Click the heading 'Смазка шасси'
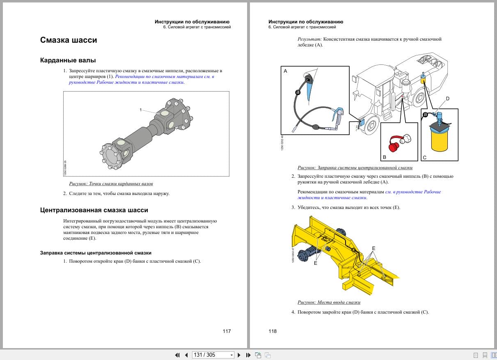(69, 40)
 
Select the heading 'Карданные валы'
(68, 60)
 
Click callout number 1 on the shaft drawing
(140, 110)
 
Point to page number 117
(227, 331)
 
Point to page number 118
(273, 331)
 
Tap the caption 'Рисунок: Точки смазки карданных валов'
(111, 183)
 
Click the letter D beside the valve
(447, 99)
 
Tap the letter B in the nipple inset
(385, 157)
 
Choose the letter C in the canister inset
(425, 157)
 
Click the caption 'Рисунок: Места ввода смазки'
(329, 303)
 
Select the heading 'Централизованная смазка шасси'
(94, 210)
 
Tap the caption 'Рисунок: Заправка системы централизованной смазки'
(355, 167)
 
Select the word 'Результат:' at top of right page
(310, 39)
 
